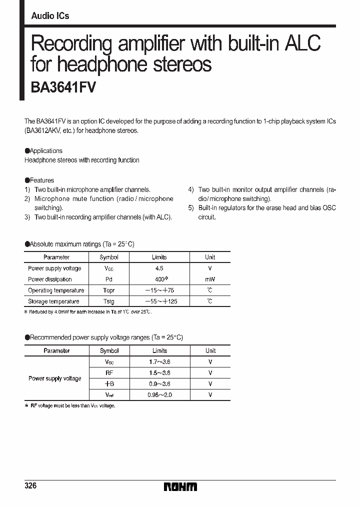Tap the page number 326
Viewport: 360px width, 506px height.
pos(30,486)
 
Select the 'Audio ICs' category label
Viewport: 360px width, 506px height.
pos(50,16)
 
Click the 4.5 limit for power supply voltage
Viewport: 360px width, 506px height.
pos(159,268)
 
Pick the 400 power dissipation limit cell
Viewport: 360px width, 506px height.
pos(160,279)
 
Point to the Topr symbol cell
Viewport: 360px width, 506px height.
pos(108,290)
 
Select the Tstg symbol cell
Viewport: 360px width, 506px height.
pos(108,301)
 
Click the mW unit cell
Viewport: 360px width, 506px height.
pos(210,279)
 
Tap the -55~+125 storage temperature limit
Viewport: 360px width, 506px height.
pos(160,301)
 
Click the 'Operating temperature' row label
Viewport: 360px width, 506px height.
pos(56,290)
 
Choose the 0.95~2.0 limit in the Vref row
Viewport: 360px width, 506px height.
pos(160,395)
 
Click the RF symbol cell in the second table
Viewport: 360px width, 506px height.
pos(109,373)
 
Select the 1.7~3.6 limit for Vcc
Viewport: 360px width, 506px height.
pos(160,362)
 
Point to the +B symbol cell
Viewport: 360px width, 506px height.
pos(109,384)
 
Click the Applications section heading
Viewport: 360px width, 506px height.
pos(45,151)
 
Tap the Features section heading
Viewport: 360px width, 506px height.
pos(41,180)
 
